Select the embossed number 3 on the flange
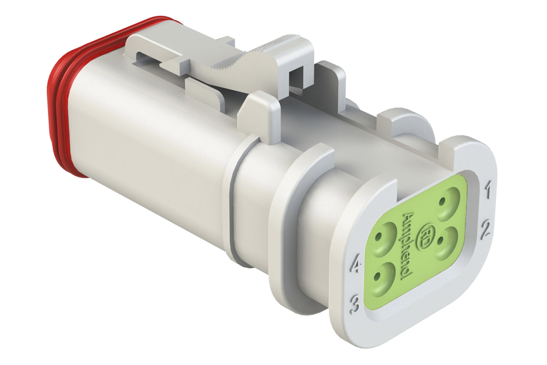tap(355, 304)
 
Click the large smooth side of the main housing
tap(151, 152)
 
